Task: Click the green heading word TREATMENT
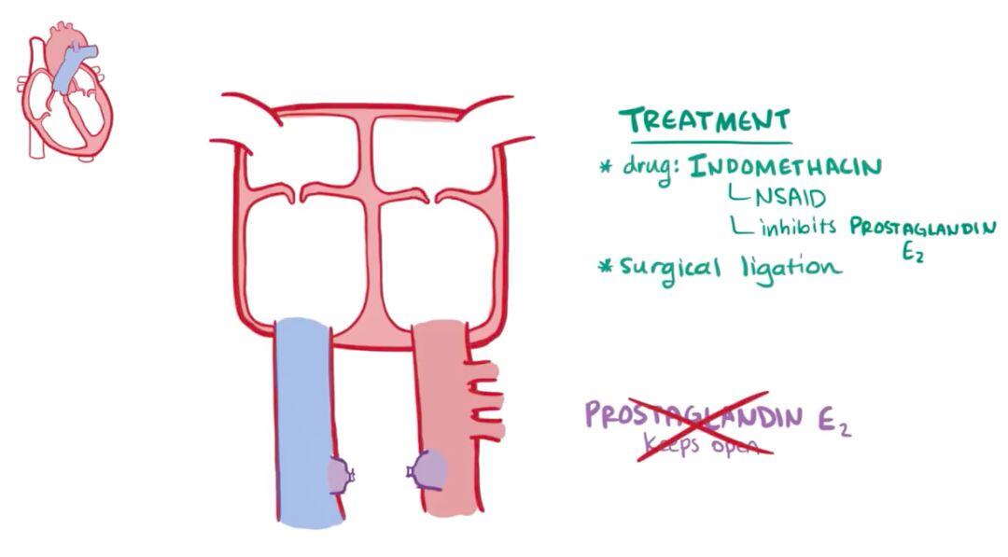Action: coord(706,120)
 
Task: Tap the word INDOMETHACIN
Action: coord(785,166)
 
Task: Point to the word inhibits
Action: coord(798,225)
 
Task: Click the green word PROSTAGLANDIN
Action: coord(923,228)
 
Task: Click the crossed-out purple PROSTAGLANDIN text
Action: coord(693,416)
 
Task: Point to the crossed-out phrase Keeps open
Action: coord(700,444)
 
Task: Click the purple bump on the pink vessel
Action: coord(427,469)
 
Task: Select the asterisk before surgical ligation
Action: coord(605,266)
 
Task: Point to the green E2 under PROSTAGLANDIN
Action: coord(913,252)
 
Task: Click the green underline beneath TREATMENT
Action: coord(710,142)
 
